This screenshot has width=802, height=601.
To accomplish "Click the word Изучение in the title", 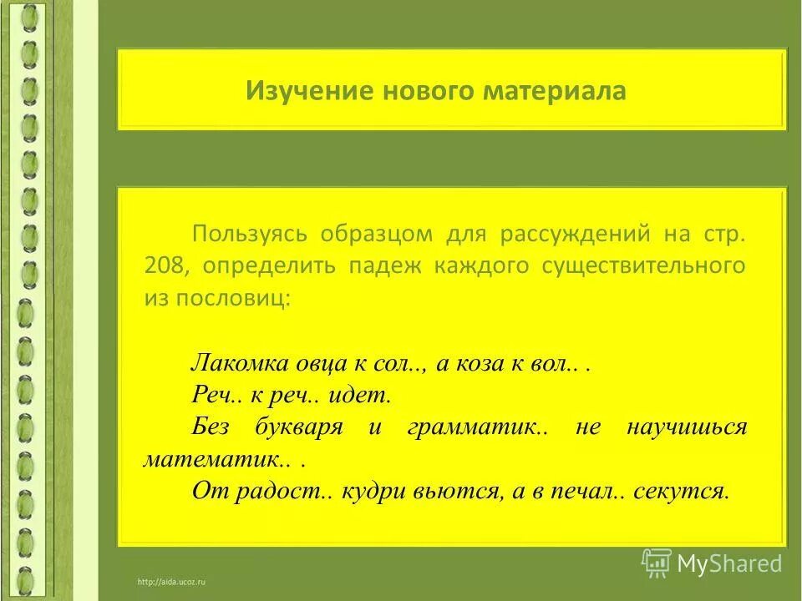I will (x=292, y=90).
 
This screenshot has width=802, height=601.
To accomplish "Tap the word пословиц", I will (x=243, y=298).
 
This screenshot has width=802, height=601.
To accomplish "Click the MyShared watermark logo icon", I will (x=657, y=562).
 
